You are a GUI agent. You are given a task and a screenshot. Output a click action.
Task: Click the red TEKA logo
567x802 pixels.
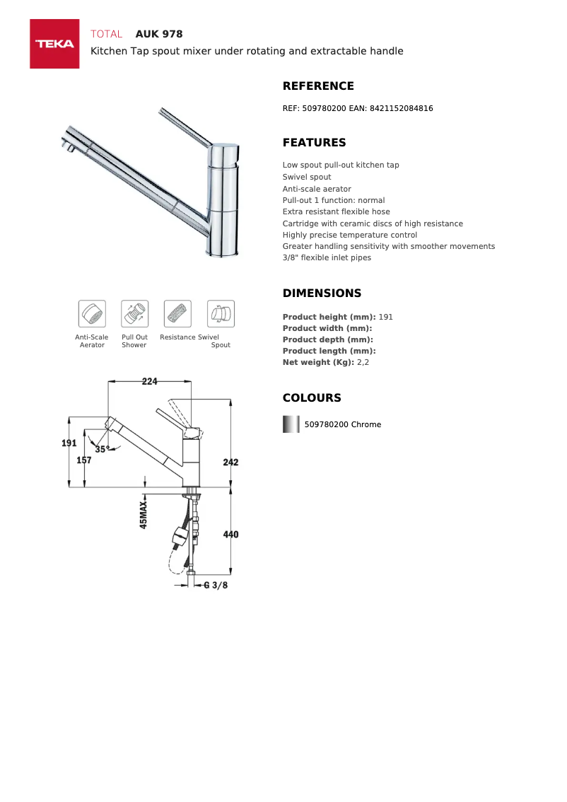pyautogui.click(x=54, y=44)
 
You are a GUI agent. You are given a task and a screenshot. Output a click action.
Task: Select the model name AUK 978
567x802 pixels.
pyautogui.click(x=159, y=34)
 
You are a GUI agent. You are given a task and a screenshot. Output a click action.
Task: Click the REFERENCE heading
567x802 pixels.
pyautogui.click(x=318, y=86)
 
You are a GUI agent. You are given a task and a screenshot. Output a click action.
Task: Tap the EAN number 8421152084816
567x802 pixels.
pyautogui.click(x=401, y=108)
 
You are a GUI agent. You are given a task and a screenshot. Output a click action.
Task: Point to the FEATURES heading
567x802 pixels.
pyautogui.click(x=314, y=143)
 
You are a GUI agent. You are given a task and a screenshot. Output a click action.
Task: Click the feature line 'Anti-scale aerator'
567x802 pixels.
pyautogui.click(x=317, y=189)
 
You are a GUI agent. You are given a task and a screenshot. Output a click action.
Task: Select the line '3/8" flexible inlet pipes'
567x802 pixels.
pyautogui.click(x=327, y=257)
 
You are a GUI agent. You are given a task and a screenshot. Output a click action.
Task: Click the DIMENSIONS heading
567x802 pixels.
pyautogui.click(x=322, y=294)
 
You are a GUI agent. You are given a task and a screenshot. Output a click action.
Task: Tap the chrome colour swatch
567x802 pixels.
pyautogui.click(x=291, y=424)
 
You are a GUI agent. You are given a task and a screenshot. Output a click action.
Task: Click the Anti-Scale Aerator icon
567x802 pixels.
pyautogui.click(x=92, y=313)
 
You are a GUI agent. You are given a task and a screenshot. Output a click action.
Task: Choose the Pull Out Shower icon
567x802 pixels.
pyautogui.click(x=134, y=313)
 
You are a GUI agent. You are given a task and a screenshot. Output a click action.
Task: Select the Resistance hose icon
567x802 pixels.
pyautogui.click(x=177, y=313)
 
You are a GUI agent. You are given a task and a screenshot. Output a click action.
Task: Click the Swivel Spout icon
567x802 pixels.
pyautogui.click(x=221, y=313)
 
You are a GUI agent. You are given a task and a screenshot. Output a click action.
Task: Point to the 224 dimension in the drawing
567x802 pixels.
pyautogui.click(x=149, y=381)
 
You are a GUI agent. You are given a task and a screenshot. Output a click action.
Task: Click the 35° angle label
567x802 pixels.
pyautogui.click(x=102, y=449)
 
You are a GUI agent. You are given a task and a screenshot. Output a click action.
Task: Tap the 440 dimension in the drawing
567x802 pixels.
pyautogui.click(x=230, y=535)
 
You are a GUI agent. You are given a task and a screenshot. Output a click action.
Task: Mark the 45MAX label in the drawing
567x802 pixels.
pyautogui.click(x=144, y=516)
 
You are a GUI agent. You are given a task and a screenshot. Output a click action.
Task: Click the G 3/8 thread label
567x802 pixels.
pyautogui.click(x=216, y=586)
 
